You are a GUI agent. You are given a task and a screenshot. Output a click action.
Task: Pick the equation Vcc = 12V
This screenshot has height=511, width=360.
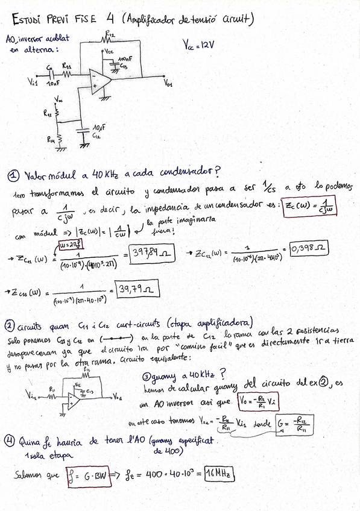tap(198, 45)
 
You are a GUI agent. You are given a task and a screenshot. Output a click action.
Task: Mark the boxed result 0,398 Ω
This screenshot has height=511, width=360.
tap(308, 248)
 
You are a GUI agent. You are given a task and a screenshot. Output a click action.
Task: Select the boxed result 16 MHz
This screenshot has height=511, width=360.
tap(219, 473)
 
